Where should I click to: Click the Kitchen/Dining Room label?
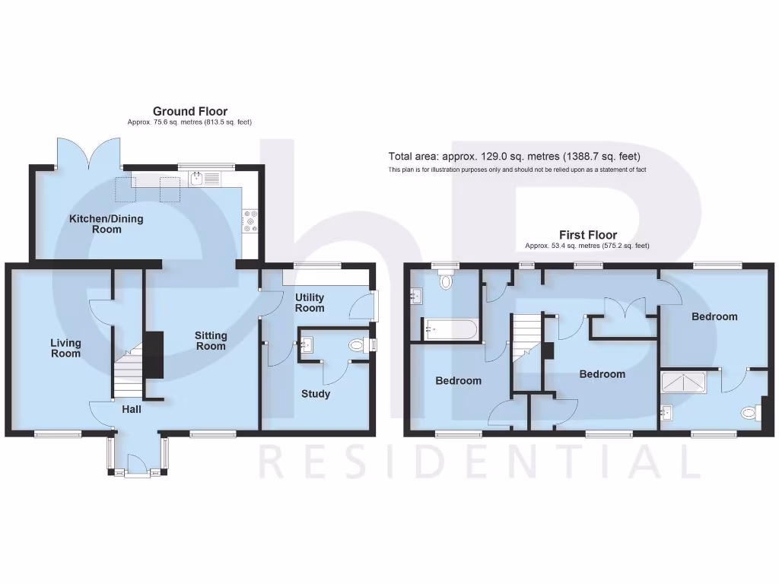(107, 224)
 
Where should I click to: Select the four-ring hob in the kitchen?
(250, 220)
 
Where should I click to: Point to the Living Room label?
(65, 348)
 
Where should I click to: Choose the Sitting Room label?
(211, 341)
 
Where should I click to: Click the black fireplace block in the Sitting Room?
(154, 354)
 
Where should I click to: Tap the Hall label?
(132, 409)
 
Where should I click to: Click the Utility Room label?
(310, 303)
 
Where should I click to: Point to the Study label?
(316, 394)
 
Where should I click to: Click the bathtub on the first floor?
(450, 330)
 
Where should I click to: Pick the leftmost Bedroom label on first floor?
(459, 380)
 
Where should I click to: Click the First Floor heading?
(587, 235)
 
